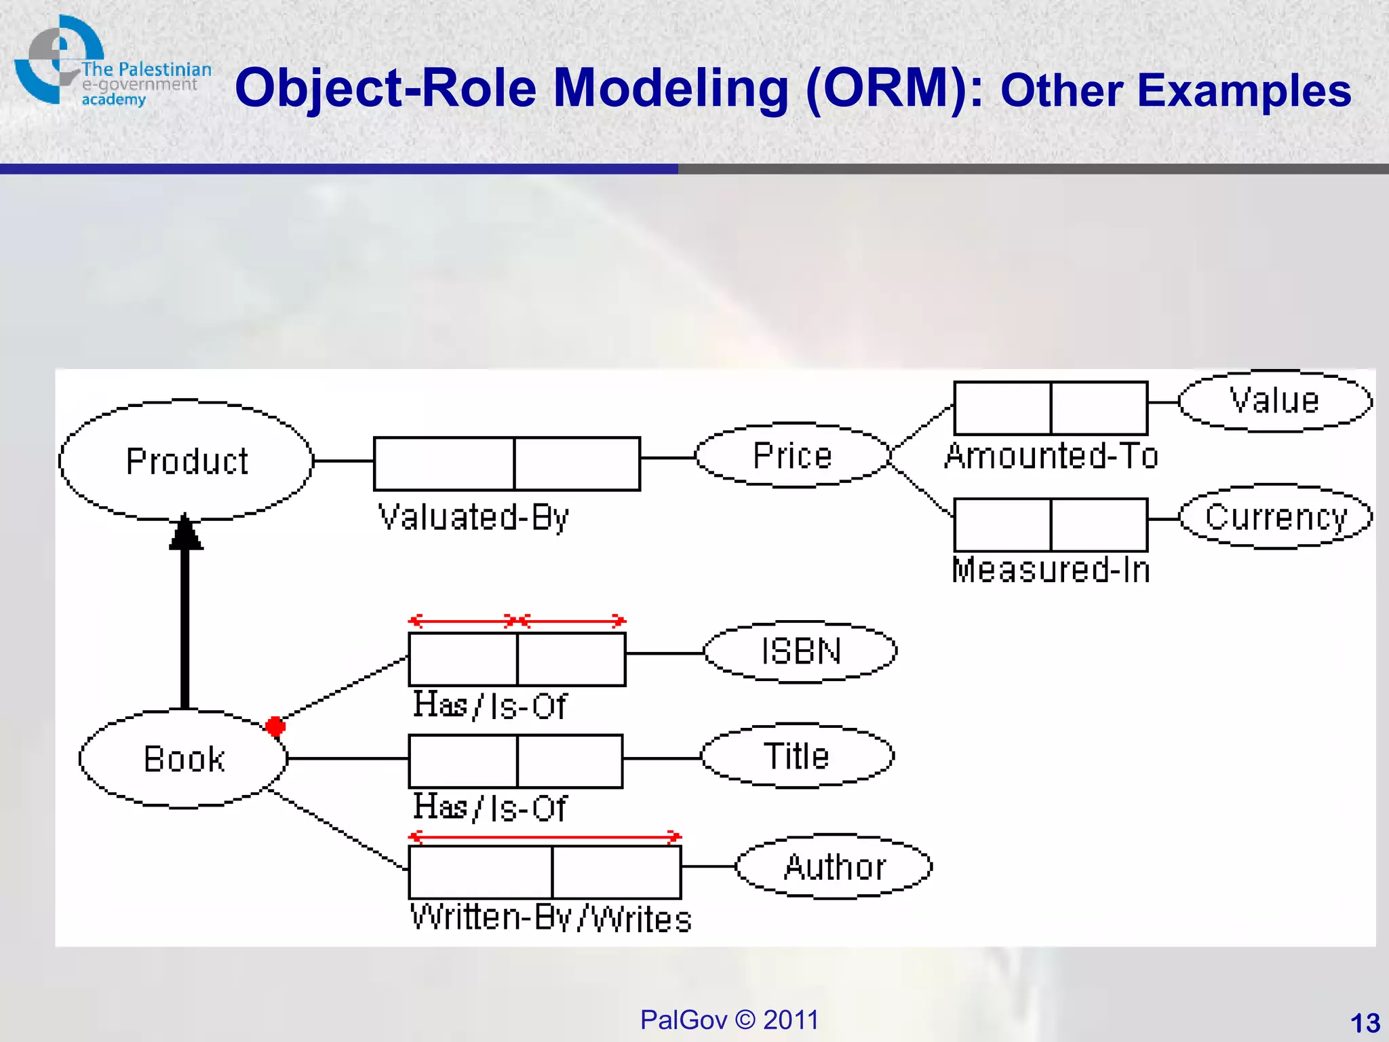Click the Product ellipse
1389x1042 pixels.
(186, 461)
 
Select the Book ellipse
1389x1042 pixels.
(183, 758)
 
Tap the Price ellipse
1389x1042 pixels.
(792, 455)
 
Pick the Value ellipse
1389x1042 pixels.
(1274, 401)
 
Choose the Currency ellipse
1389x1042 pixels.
(1275, 517)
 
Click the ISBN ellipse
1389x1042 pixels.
(800, 651)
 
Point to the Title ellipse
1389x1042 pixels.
(797, 756)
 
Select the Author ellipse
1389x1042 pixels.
(834, 866)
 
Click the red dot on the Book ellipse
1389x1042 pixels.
(275, 727)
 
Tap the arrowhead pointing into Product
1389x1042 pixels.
(186, 533)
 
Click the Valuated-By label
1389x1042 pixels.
(473, 518)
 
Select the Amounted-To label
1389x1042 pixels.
(1051, 456)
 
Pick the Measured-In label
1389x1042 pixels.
(1051, 570)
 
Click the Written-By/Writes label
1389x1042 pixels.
(551, 919)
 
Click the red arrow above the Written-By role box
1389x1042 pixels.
(545, 836)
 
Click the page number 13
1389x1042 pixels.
(1365, 1023)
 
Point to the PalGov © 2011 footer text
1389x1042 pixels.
(729, 1020)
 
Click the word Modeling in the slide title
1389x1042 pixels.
(671, 88)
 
